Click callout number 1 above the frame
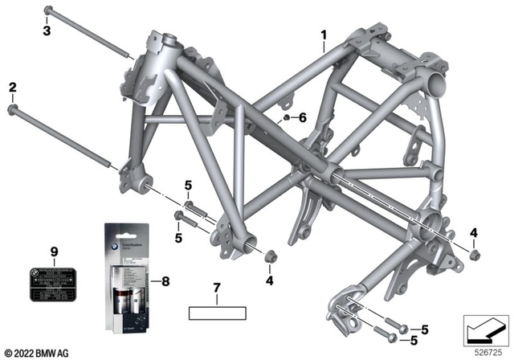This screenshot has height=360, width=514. coord(324,35)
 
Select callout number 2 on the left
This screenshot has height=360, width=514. coord(12,86)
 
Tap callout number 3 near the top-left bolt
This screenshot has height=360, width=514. coord(47,31)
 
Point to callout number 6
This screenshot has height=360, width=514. coord(302,118)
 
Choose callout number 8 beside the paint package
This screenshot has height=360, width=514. coord(166,281)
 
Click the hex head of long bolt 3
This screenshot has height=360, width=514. coord(47,11)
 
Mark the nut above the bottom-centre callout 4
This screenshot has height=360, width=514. coord(270,258)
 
